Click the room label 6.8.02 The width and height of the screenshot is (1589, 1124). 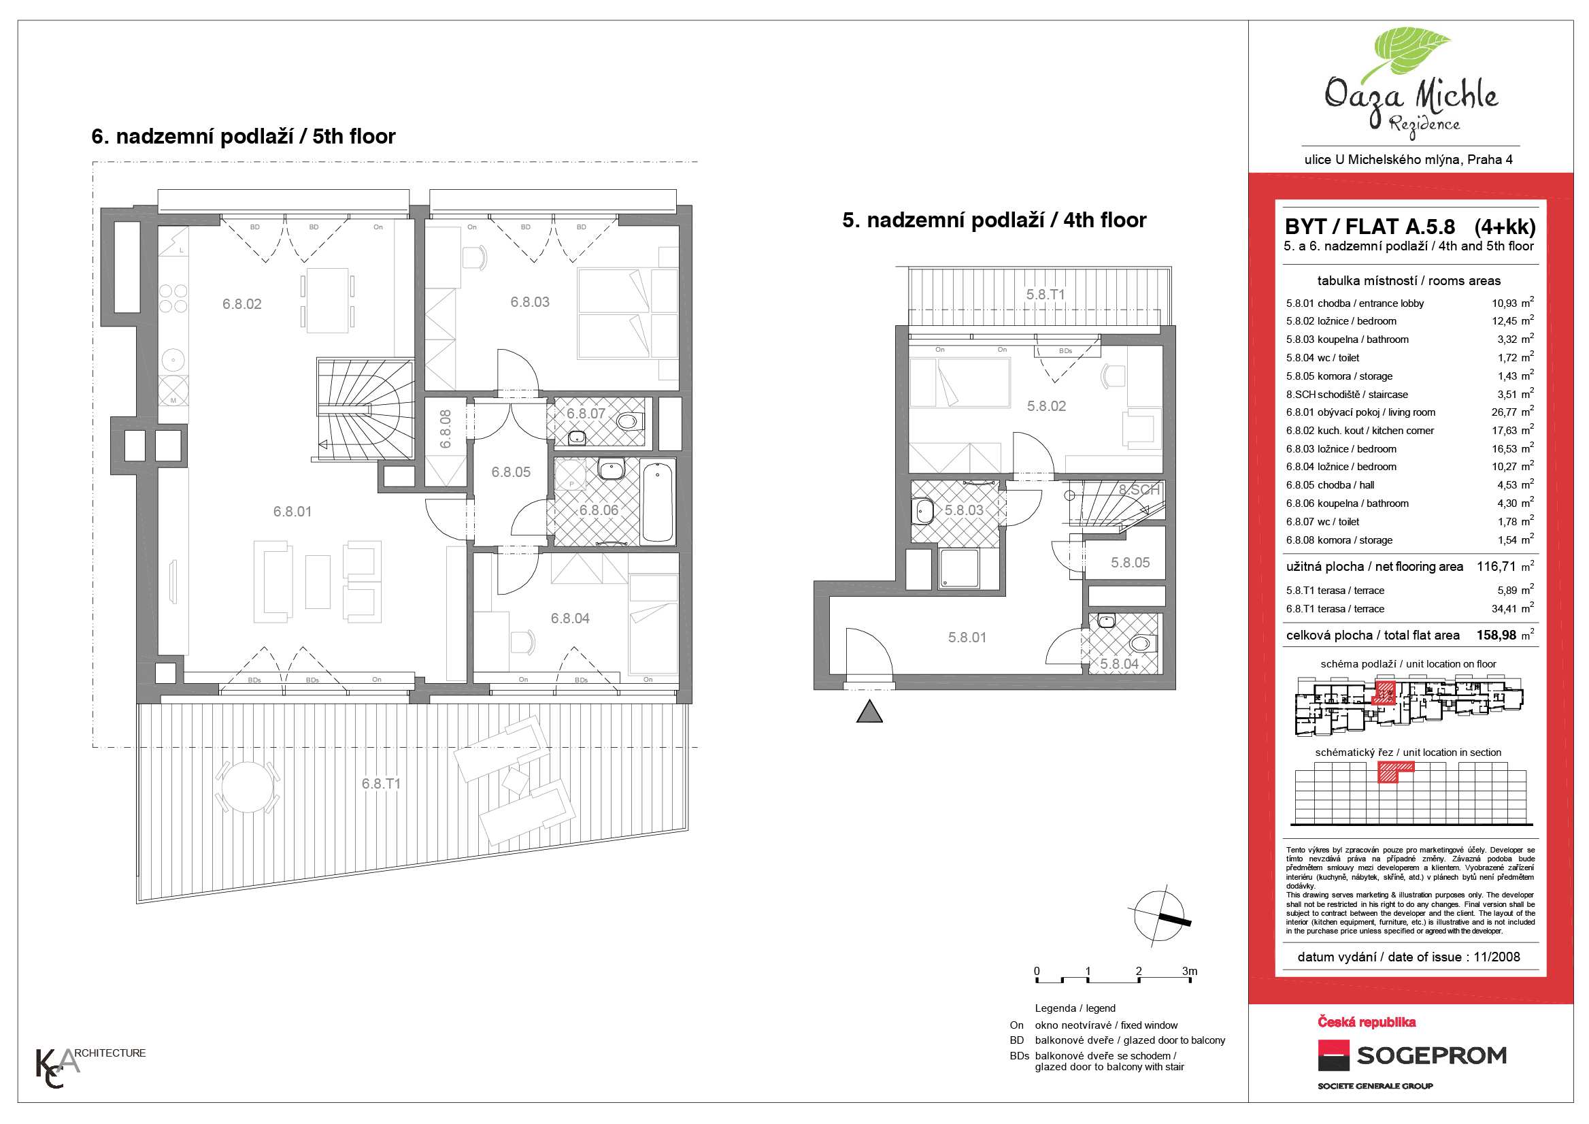(x=241, y=304)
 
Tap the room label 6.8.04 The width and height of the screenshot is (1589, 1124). (x=570, y=618)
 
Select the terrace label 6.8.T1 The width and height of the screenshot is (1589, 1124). (x=381, y=784)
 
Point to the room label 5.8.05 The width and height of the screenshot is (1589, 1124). (x=1130, y=563)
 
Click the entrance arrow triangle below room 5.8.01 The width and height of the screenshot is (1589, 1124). (x=869, y=712)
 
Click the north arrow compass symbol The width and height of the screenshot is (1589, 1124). (x=1160, y=916)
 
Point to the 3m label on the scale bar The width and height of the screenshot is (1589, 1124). (x=1189, y=971)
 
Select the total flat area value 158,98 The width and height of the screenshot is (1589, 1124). (x=1496, y=635)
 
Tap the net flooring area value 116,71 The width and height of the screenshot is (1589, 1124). (x=1496, y=566)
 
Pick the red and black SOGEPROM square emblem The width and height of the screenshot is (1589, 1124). (x=1334, y=1055)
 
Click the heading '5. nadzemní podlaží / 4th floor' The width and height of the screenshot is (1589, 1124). (x=994, y=220)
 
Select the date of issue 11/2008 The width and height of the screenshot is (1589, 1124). (x=1497, y=957)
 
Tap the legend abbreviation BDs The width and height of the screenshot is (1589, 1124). (x=1019, y=1056)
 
